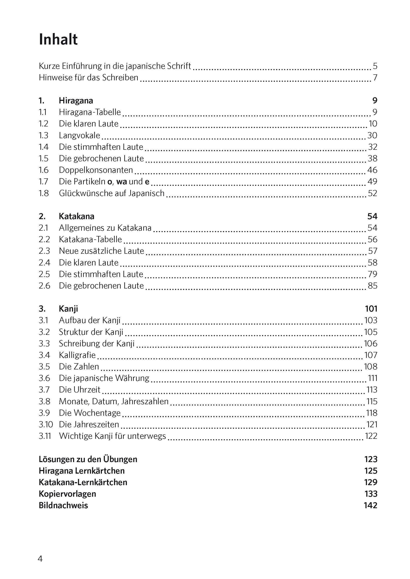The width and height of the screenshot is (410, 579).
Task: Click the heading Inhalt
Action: pyautogui.click(x=58, y=40)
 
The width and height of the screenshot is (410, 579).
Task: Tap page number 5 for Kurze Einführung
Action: pyautogui.click(x=375, y=66)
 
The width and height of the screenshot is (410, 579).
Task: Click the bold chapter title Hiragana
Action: pyautogui.click(x=76, y=100)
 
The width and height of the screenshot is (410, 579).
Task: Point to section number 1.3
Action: pyautogui.click(x=43, y=135)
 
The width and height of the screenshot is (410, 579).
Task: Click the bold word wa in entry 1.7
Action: pyautogui.click(x=121, y=181)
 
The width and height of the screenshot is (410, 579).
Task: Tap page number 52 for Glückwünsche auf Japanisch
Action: pyautogui.click(x=372, y=193)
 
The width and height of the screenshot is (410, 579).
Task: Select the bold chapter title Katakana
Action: pyautogui.click(x=77, y=216)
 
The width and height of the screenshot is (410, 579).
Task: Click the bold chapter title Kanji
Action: pyautogui.click(x=68, y=309)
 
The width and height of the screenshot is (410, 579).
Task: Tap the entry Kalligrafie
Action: pyautogui.click(x=77, y=355)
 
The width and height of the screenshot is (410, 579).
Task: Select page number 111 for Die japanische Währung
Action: pyautogui.click(x=373, y=378)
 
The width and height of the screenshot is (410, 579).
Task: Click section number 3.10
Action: pyautogui.click(x=45, y=425)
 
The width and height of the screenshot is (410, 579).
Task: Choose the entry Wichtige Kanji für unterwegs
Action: pyautogui.click(x=112, y=436)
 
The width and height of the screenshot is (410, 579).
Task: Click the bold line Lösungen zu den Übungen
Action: pyautogui.click(x=88, y=459)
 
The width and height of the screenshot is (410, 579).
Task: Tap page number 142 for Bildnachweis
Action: pyautogui.click(x=370, y=505)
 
